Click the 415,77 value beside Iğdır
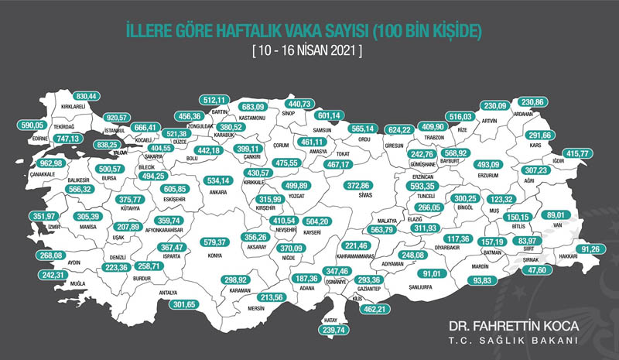578,153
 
